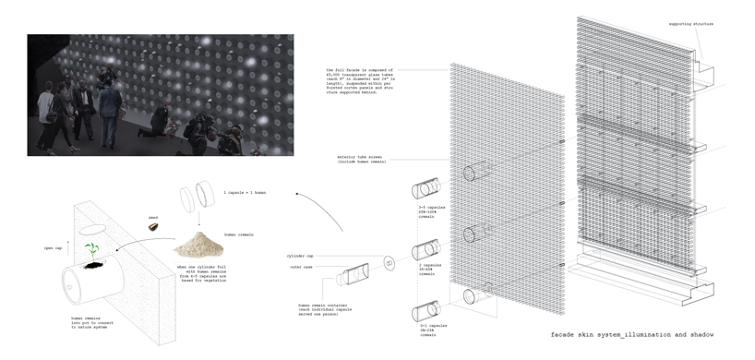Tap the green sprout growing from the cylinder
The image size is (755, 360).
92,251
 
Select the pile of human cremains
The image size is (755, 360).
197,245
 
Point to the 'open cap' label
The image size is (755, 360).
54,247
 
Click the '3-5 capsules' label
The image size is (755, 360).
433,210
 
